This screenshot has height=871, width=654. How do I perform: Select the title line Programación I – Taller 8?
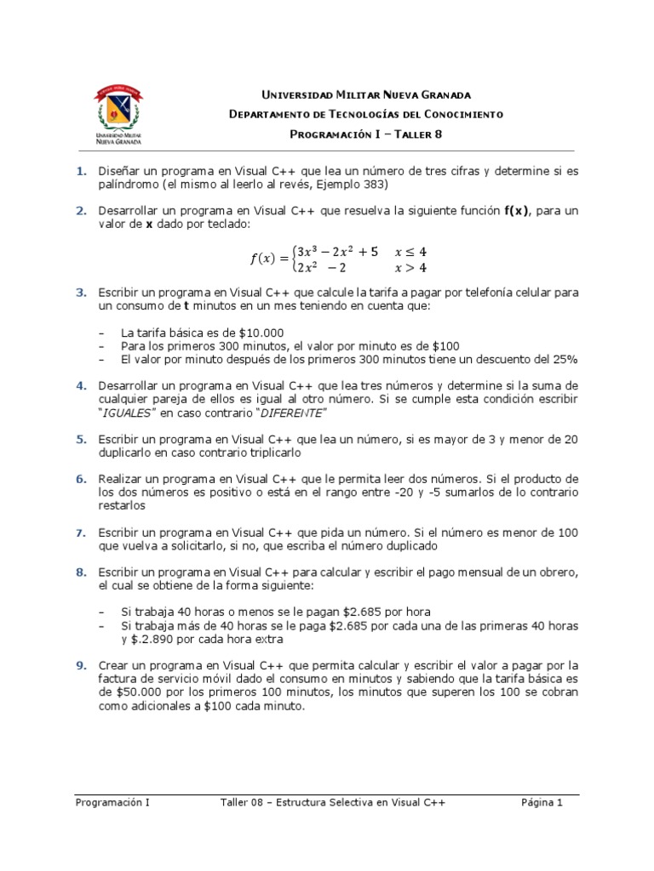[366, 134]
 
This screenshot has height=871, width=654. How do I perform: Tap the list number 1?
[81, 172]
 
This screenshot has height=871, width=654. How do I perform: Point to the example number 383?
[374, 185]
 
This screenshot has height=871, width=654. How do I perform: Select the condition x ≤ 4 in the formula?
[411, 252]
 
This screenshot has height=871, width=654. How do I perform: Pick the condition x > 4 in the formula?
[411, 268]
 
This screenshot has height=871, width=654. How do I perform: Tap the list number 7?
[81, 532]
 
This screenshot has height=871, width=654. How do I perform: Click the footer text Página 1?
[542, 802]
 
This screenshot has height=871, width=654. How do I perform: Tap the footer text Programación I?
[112, 802]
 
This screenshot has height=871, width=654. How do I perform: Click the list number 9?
[81, 665]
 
